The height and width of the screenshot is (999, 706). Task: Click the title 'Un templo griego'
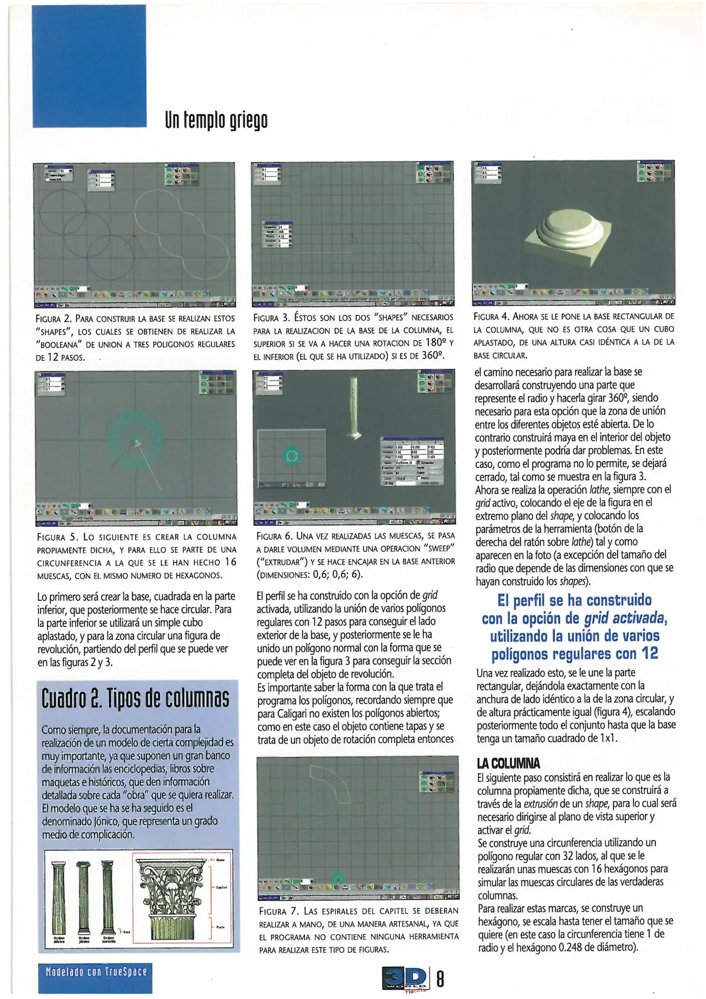(x=216, y=120)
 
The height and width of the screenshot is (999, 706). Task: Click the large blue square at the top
(x=89, y=66)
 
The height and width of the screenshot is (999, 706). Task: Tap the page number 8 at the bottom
(x=440, y=979)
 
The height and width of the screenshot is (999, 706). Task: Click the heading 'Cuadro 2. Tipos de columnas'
(x=135, y=698)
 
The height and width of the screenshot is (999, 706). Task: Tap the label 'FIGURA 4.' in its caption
(x=492, y=317)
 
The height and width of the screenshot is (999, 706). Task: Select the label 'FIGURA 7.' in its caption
(x=279, y=912)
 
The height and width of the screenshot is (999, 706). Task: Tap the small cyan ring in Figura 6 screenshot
(x=292, y=457)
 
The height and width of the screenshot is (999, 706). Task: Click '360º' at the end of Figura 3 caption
(x=436, y=356)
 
